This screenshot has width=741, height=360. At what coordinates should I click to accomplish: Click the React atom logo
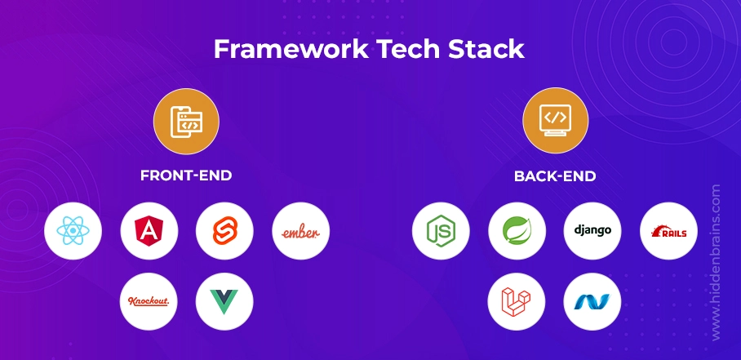(73, 230)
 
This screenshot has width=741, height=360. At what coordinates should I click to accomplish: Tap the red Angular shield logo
(149, 231)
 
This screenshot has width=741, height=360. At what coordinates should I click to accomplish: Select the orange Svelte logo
(224, 231)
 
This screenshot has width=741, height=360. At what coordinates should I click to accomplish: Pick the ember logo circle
(300, 231)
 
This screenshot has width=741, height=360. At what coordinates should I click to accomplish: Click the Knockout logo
(149, 301)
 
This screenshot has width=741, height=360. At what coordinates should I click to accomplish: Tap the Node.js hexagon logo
(441, 231)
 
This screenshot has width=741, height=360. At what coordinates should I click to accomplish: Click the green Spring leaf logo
(517, 231)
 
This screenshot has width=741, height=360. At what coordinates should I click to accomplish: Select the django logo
(592, 230)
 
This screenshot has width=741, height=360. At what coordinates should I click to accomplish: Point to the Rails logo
(668, 231)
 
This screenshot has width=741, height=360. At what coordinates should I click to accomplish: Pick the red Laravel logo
(516, 301)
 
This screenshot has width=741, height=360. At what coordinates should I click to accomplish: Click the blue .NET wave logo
(592, 301)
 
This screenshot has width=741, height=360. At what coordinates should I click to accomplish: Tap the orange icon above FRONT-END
(186, 121)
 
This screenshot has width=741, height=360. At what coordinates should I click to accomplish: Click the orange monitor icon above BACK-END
(555, 121)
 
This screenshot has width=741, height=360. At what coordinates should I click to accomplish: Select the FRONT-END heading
(186, 176)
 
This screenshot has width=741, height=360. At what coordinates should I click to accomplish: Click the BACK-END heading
(555, 176)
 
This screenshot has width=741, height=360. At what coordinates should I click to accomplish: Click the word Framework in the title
(291, 49)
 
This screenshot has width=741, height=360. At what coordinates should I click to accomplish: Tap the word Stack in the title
(486, 49)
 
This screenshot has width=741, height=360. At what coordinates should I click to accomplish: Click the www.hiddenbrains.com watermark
(716, 262)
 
